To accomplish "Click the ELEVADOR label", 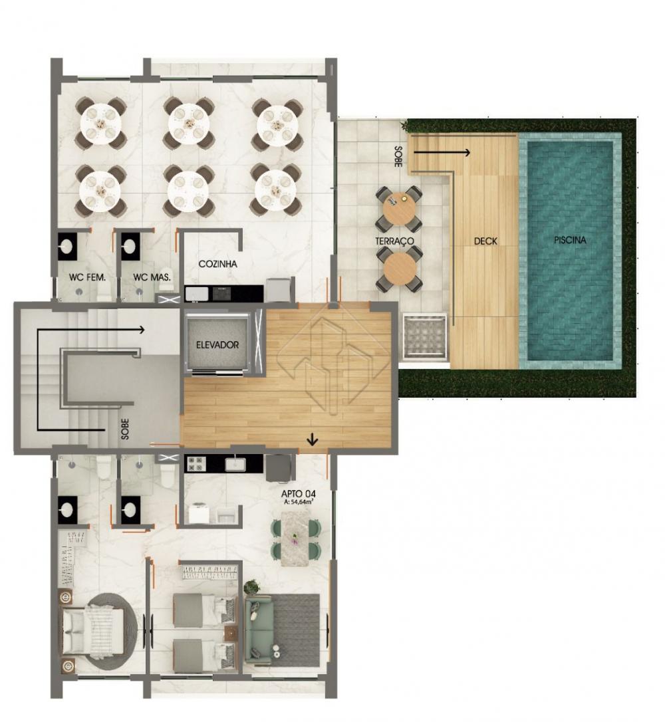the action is (x=217, y=344).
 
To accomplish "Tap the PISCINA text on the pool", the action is (x=570, y=240).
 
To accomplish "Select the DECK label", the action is (x=485, y=241).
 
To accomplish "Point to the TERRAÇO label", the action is (x=394, y=241).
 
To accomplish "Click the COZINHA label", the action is (x=218, y=264).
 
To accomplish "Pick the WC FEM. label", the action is (x=87, y=277).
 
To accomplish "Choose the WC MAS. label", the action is (x=152, y=277).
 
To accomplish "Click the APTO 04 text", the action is (x=299, y=494).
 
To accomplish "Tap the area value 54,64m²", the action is (x=299, y=503).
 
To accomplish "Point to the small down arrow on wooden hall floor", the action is (x=313, y=440).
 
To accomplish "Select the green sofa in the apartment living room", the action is (x=259, y=628).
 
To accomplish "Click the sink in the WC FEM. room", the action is (x=68, y=247).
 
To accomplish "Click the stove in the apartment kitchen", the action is (x=195, y=464).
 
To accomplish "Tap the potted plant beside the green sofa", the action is (x=251, y=588).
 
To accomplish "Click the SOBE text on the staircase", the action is (x=125, y=428).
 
